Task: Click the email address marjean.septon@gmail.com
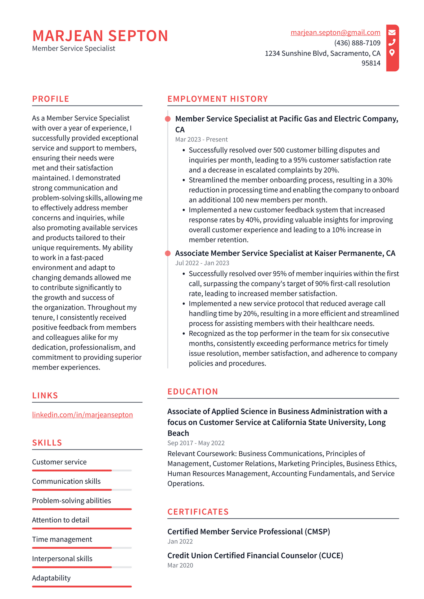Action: pos(335,33)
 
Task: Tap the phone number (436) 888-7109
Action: pos(357,43)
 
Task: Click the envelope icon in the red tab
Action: pos(392,32)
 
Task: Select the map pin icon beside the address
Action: pos(392,53)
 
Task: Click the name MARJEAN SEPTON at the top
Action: pos(100,36)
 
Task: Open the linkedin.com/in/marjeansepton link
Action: pos(82,415)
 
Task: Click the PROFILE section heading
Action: pos(51,99)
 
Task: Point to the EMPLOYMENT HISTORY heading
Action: pos(218,99)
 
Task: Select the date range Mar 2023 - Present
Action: pos(201,140)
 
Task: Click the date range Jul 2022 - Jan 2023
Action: pos(202,263)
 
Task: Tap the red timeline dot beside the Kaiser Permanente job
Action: pos(168,253)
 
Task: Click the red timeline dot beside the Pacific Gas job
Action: pos(168,119)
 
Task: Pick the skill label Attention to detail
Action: pos(61,520)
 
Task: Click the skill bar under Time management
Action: pos(82,548)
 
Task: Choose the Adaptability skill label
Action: pos(51,578)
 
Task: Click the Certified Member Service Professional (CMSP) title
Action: pos(249,532)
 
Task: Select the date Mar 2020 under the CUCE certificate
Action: pos(180,565)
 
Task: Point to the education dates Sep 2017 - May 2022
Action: pos(196,443)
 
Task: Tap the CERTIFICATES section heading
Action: pos(198,512)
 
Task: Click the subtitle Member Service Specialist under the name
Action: pos(74,48)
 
